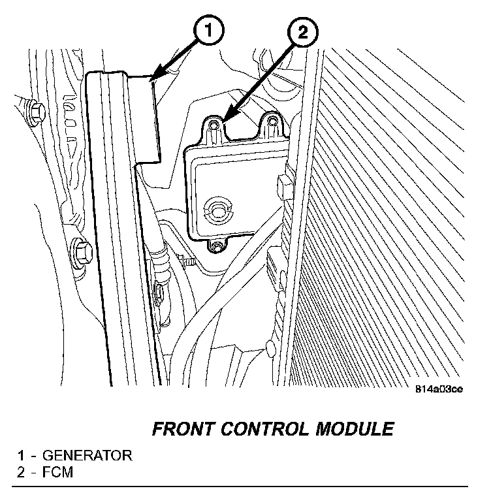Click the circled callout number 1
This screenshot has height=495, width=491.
(207, 30)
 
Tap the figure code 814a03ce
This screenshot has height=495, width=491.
(439, 391)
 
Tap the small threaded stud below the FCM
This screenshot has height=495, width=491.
(190, 263)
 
